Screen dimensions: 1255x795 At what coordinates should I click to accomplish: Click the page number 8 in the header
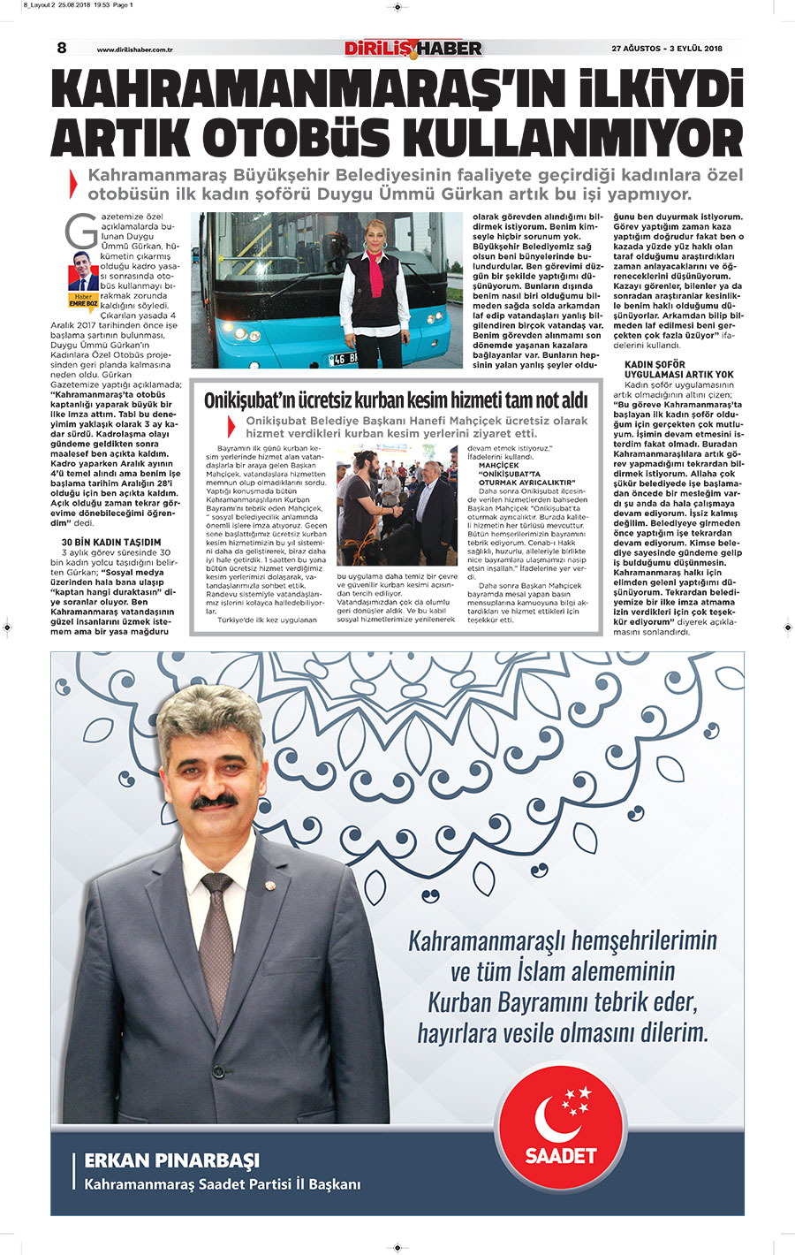62,48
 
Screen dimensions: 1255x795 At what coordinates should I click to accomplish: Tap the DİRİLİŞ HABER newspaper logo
413,48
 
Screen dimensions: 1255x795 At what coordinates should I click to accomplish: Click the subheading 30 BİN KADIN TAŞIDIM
111,542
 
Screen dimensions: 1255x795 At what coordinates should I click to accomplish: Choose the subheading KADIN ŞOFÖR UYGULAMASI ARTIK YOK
679,369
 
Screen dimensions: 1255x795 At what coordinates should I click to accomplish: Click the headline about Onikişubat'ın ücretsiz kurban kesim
396,400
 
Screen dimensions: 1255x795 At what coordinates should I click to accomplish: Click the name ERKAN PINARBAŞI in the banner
171,1160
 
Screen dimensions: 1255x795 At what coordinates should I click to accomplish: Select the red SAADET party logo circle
560,1123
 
